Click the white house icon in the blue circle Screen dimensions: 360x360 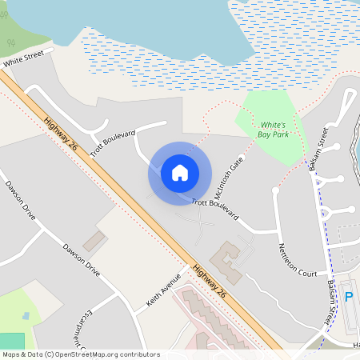(x=180, y=173)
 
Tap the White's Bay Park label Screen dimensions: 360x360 (x=270, y=130)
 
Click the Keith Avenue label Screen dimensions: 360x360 (x=165, y=294)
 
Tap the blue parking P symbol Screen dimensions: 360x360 (x=348, y=297)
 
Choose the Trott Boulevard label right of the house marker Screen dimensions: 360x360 (x=214, y=206)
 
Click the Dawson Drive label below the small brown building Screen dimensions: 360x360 (x=82, y=260)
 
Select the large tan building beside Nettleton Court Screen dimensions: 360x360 (x=228, y=261)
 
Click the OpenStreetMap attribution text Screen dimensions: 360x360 (x=80, y=354)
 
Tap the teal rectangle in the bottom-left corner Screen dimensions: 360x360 (x=12, y=341)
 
